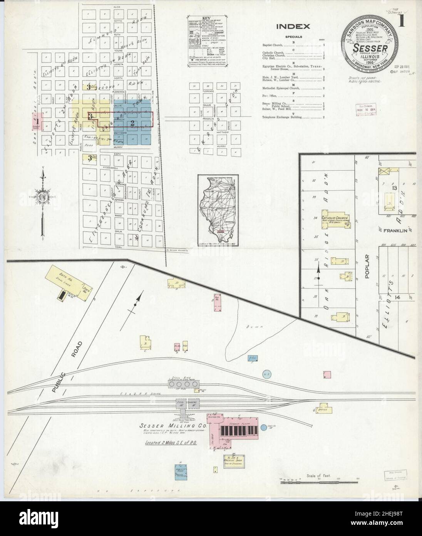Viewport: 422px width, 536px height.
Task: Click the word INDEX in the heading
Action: pyautogui.click(x=293, y=27)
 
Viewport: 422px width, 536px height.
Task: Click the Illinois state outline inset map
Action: pyautogui.click(x=219, y=211)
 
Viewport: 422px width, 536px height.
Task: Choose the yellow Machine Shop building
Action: pyautogui.click(x=234, y=461)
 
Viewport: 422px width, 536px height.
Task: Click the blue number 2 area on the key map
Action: pyautogui.click(x=132, y=123)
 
